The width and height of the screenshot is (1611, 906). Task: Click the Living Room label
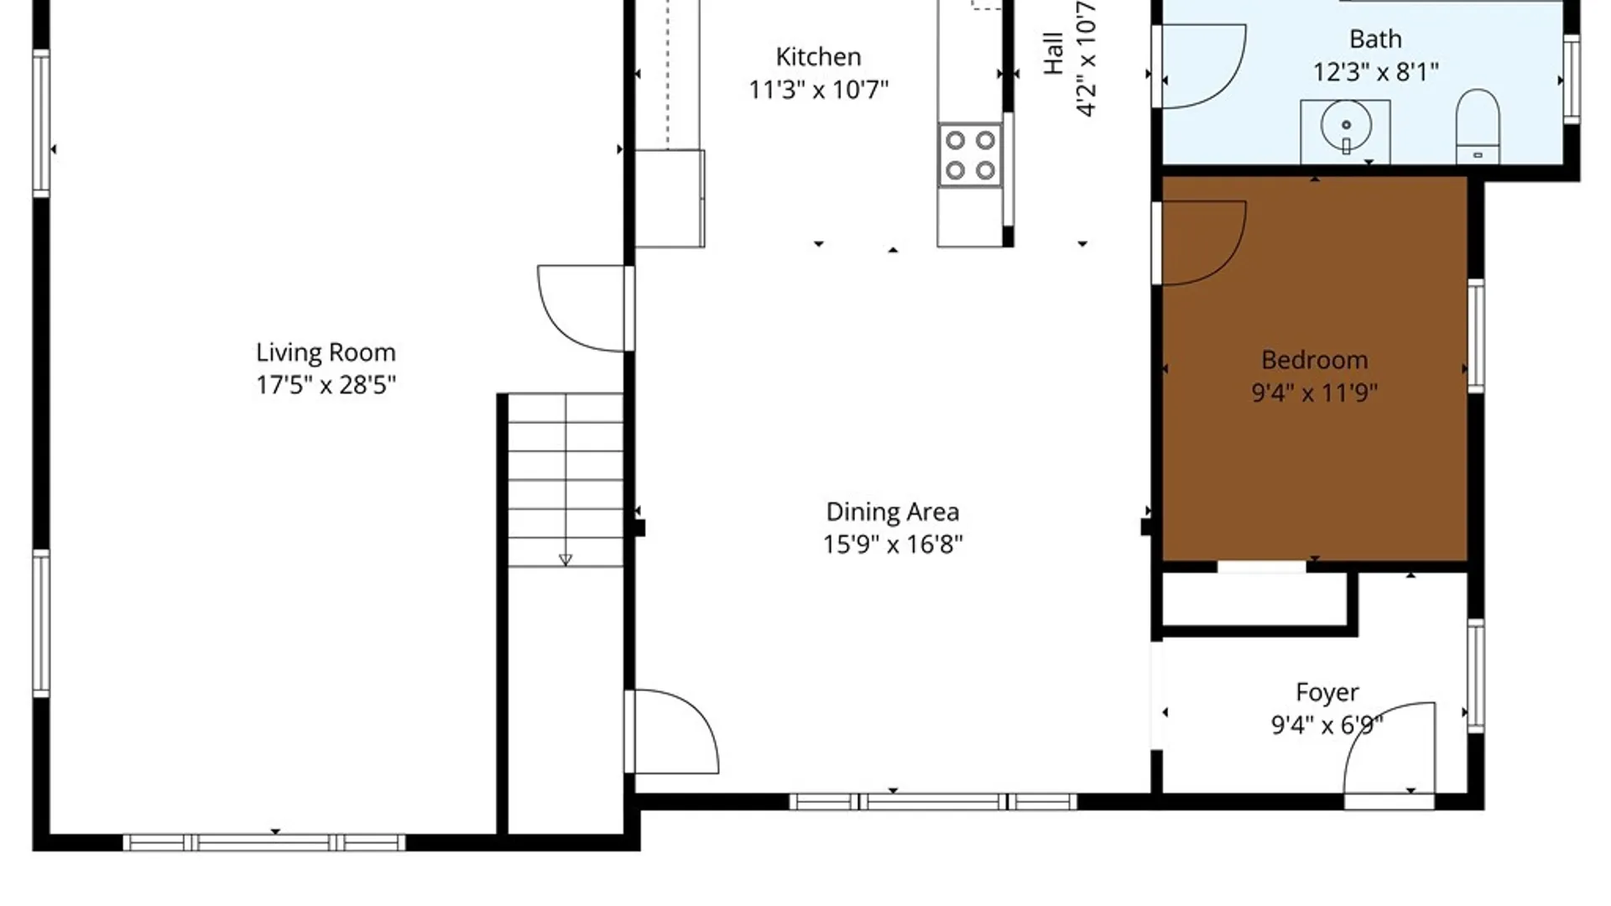click(x=326, y=352)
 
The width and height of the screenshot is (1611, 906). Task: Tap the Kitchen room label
click(x=818, y=57)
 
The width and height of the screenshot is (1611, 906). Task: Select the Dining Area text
click(x=893, y=512)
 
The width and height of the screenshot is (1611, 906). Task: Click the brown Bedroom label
click(x=1315, y=360)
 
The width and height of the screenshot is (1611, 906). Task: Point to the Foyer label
click(x=1327, y=693)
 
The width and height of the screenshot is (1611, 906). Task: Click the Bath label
click(x=1375, y=39)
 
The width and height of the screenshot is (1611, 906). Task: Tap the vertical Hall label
click(x=1054, y=54)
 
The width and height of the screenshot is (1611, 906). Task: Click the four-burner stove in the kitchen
click(x=970, y=154)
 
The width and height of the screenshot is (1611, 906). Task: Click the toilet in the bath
click(x=1478, y=126)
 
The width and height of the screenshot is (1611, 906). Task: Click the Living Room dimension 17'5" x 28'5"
click(x=326, y=385)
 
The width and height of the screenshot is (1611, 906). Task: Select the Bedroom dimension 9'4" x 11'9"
click(x=1315, y=393)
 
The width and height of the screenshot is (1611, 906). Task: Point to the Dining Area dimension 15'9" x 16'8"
click(x=893, y=544)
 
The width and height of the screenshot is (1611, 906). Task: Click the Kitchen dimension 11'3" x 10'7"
click(x=818, y=90)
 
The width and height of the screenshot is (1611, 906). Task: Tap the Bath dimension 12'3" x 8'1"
click(x=1375, y=72)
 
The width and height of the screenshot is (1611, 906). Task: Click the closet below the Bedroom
click(x=1254, y=601)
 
